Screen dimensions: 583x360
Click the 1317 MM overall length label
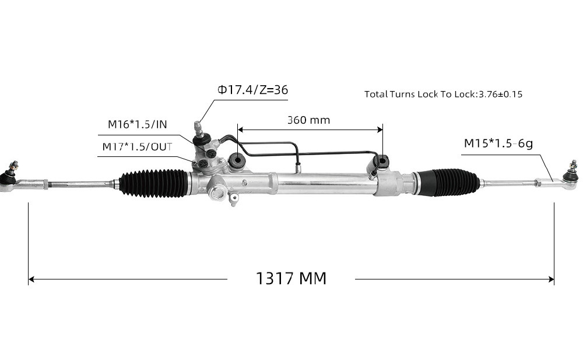tap(291, 278)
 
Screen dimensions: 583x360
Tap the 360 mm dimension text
tap(308, 120)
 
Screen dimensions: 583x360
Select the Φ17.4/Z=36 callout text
tap(253, 90)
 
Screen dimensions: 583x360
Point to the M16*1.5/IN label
tap(137, 124)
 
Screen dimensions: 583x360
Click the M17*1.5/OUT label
tap(137, 146)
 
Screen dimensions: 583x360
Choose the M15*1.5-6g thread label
tap(498, 143)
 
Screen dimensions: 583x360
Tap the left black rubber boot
tap(154, 183)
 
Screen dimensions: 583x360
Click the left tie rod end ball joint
tap(9, 177)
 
